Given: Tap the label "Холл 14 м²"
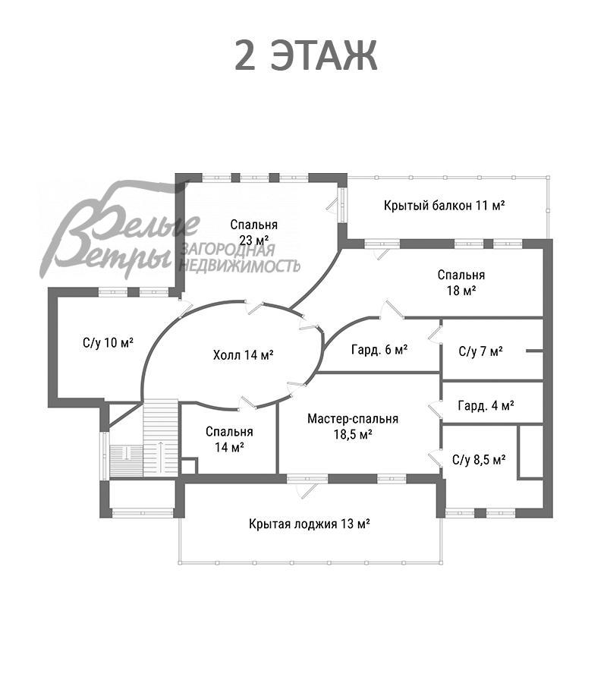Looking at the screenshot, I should [x=243, y=354].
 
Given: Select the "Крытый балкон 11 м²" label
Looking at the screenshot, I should [x=444, y=206].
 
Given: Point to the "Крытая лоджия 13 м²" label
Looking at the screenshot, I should [x=309, y=524].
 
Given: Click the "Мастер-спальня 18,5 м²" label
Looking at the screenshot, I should [x=353, y=426].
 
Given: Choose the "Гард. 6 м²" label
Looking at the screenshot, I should [x=379, y=350].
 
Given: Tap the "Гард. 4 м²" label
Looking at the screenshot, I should [x=486, y=406].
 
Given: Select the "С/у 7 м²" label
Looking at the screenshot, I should [x=481, y=351].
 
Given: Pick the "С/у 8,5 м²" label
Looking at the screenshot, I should [x=479, y=459].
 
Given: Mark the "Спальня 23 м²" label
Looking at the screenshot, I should [x=254, y=233].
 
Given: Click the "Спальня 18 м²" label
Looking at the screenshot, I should [x=461, y=282].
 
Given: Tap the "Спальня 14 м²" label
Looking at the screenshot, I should [x=229, y=439].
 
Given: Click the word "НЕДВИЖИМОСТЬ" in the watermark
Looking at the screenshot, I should [x=239, y=266].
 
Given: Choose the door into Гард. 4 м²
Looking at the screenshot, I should [x=435, y=408].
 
